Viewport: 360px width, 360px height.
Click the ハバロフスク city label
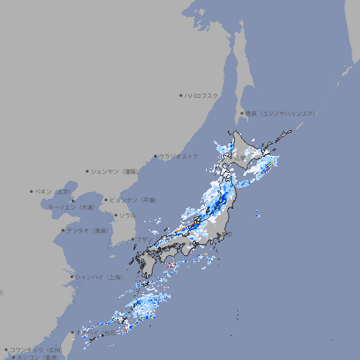tap(202, 95)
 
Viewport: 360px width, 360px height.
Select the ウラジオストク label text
tap(179, 156)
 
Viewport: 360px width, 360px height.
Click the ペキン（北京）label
tap(53, 191)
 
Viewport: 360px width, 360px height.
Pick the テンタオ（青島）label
tap(87, 230)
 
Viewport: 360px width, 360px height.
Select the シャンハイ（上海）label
tap(98, 277)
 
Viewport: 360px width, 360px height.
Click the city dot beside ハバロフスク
tap(181, 95)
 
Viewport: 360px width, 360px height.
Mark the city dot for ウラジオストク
tap(155, 156)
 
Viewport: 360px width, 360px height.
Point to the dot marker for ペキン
tap(32, 191)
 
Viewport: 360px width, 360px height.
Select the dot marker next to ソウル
tap(115, 215)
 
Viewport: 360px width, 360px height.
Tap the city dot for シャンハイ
tap(72, 277)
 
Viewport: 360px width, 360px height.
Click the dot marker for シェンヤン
tap(88, 171)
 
